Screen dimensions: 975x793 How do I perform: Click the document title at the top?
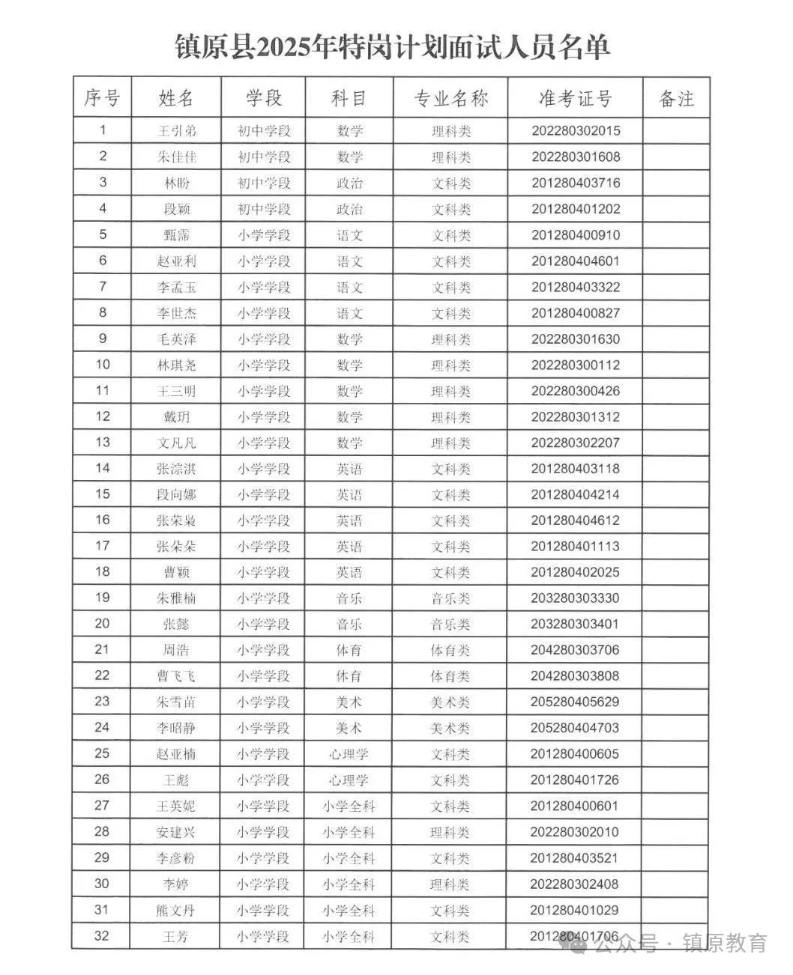coord(392,46)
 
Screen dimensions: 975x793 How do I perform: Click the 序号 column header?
coord(102,97)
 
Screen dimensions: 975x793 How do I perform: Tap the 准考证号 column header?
coord(575,98)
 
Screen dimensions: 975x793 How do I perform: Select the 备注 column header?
coord(676,98)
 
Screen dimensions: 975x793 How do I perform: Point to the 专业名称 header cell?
coord(450,98)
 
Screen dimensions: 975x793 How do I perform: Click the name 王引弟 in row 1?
coord(177,131)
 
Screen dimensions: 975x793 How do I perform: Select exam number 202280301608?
coord(576,157)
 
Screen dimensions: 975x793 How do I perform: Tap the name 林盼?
coord(177,183)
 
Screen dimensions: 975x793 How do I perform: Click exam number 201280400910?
coord(576,235)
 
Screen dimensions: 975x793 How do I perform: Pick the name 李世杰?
coord(177,313)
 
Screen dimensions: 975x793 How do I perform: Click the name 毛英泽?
coord(177,339)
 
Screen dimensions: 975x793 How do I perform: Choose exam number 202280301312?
coord(576,417)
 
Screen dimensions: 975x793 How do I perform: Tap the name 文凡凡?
coord(177,443)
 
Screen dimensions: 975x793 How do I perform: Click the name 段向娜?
coord(177,495)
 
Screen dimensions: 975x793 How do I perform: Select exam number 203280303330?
coord(576,598)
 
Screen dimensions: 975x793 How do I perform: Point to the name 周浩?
coord(177,650)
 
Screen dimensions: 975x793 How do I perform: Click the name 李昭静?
coord(177,728)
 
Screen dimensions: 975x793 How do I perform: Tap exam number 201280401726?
coord(576,780)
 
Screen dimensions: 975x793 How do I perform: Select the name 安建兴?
coord(177,832)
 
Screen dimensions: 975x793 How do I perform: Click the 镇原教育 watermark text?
coord(726,942)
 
